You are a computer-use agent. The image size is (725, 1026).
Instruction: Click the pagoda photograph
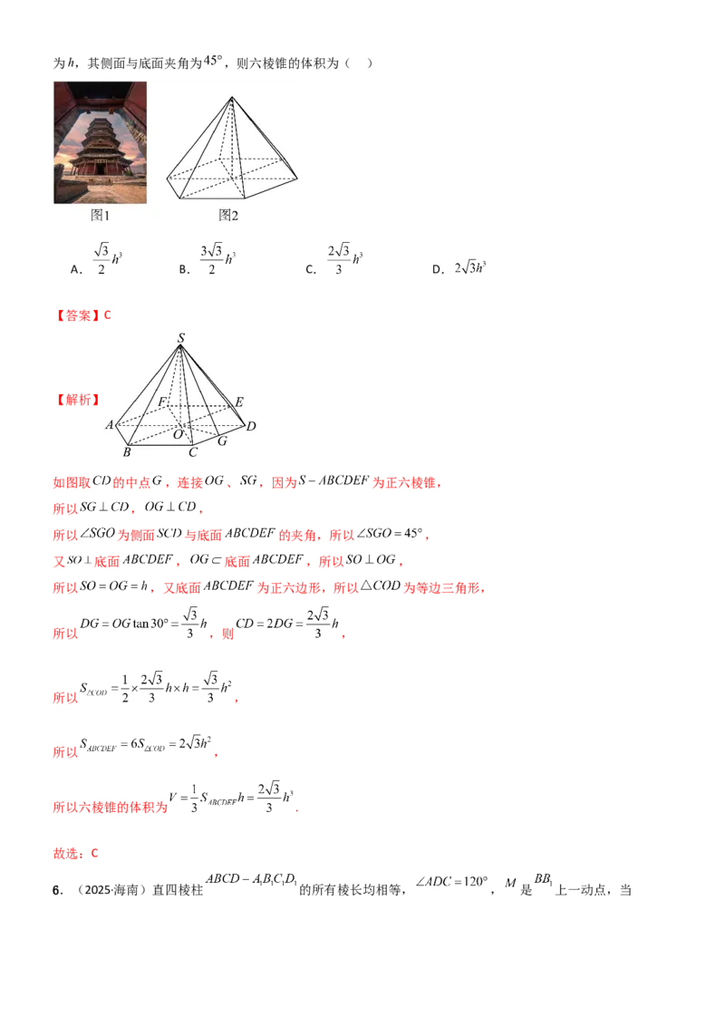click(100, 142)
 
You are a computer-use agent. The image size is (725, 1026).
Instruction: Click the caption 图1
click(100, 216)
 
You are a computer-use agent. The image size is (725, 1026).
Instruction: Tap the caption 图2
click(228, 216)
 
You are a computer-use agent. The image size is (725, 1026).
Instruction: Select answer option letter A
click(76, 269)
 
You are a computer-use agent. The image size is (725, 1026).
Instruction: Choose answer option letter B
click(185, 269)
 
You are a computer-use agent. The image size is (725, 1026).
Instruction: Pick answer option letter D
click(438, 269)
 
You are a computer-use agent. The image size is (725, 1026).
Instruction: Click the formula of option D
click(470, 267)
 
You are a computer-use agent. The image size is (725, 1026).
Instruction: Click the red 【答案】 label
click(77, 315)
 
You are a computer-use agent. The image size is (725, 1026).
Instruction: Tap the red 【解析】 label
click(77, 400)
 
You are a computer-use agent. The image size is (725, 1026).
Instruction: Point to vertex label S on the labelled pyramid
click(181, 338)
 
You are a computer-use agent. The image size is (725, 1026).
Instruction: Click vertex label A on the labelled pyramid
click(110, 425)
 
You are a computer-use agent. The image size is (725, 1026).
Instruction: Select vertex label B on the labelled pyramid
click(127, 452)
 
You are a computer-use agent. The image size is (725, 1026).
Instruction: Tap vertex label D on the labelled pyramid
click(251, 426)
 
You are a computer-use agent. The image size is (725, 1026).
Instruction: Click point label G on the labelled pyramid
click(222, 441)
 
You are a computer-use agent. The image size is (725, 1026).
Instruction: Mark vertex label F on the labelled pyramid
click(162, 402)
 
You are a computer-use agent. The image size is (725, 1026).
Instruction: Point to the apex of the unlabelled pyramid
click(232, 98)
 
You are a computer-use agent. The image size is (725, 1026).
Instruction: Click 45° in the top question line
click(213, 61)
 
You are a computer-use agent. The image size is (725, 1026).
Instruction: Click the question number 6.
click(57, 890)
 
